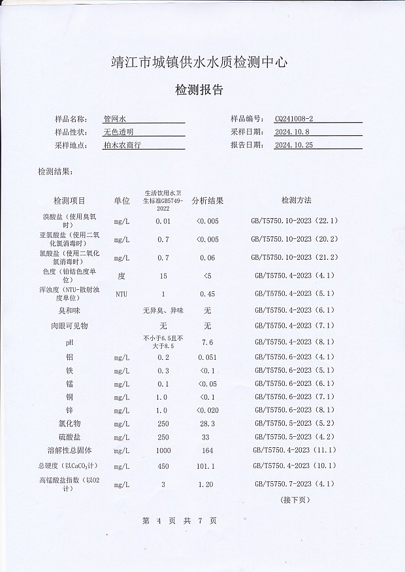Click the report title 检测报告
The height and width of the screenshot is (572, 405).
click(199, 90)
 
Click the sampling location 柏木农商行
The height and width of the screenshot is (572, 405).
click(122, 145)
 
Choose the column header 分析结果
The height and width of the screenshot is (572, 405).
click(208, 200)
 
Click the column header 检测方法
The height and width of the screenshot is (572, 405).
click(296, 200)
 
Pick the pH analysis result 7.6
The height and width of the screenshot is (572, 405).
click(208, 342)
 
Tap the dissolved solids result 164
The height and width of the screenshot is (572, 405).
click(208, 451)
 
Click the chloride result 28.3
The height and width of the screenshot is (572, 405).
click(207, 424)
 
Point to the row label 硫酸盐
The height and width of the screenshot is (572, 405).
click(69, 437)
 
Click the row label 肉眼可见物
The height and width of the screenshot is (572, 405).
click(69, 325)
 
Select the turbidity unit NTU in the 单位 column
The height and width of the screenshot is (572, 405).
click(121, 294)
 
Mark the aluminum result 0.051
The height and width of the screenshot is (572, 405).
click(207, 357)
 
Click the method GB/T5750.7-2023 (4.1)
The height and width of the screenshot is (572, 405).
click(293, 485)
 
